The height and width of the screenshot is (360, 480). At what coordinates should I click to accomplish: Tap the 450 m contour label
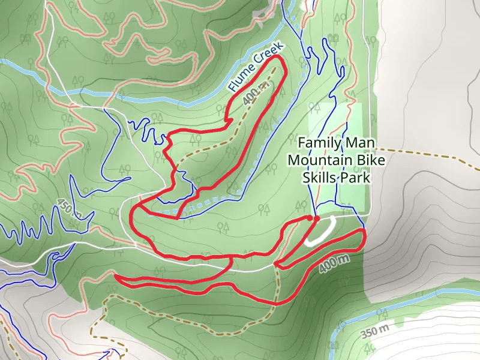[69, 207]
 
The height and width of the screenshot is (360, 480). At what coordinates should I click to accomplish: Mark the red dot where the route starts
[316, 218]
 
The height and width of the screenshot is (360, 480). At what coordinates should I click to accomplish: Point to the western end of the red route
[115, 277]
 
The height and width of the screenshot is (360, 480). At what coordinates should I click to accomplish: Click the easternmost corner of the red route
[364, 231]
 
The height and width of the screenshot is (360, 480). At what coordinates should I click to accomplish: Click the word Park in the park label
[353, 178]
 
